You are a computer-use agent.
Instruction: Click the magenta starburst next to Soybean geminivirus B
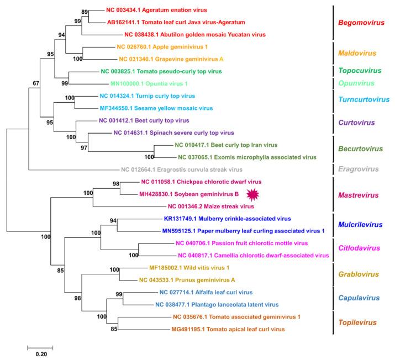pyautogui.click(x=252, y=193)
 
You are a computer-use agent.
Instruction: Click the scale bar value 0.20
pyautogui.click(x=40, y=354)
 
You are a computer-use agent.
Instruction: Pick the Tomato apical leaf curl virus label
pyautogui.click(x=228, y=329)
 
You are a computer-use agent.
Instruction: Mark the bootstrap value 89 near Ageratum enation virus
pyautogui.click(x=84, y=12)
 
